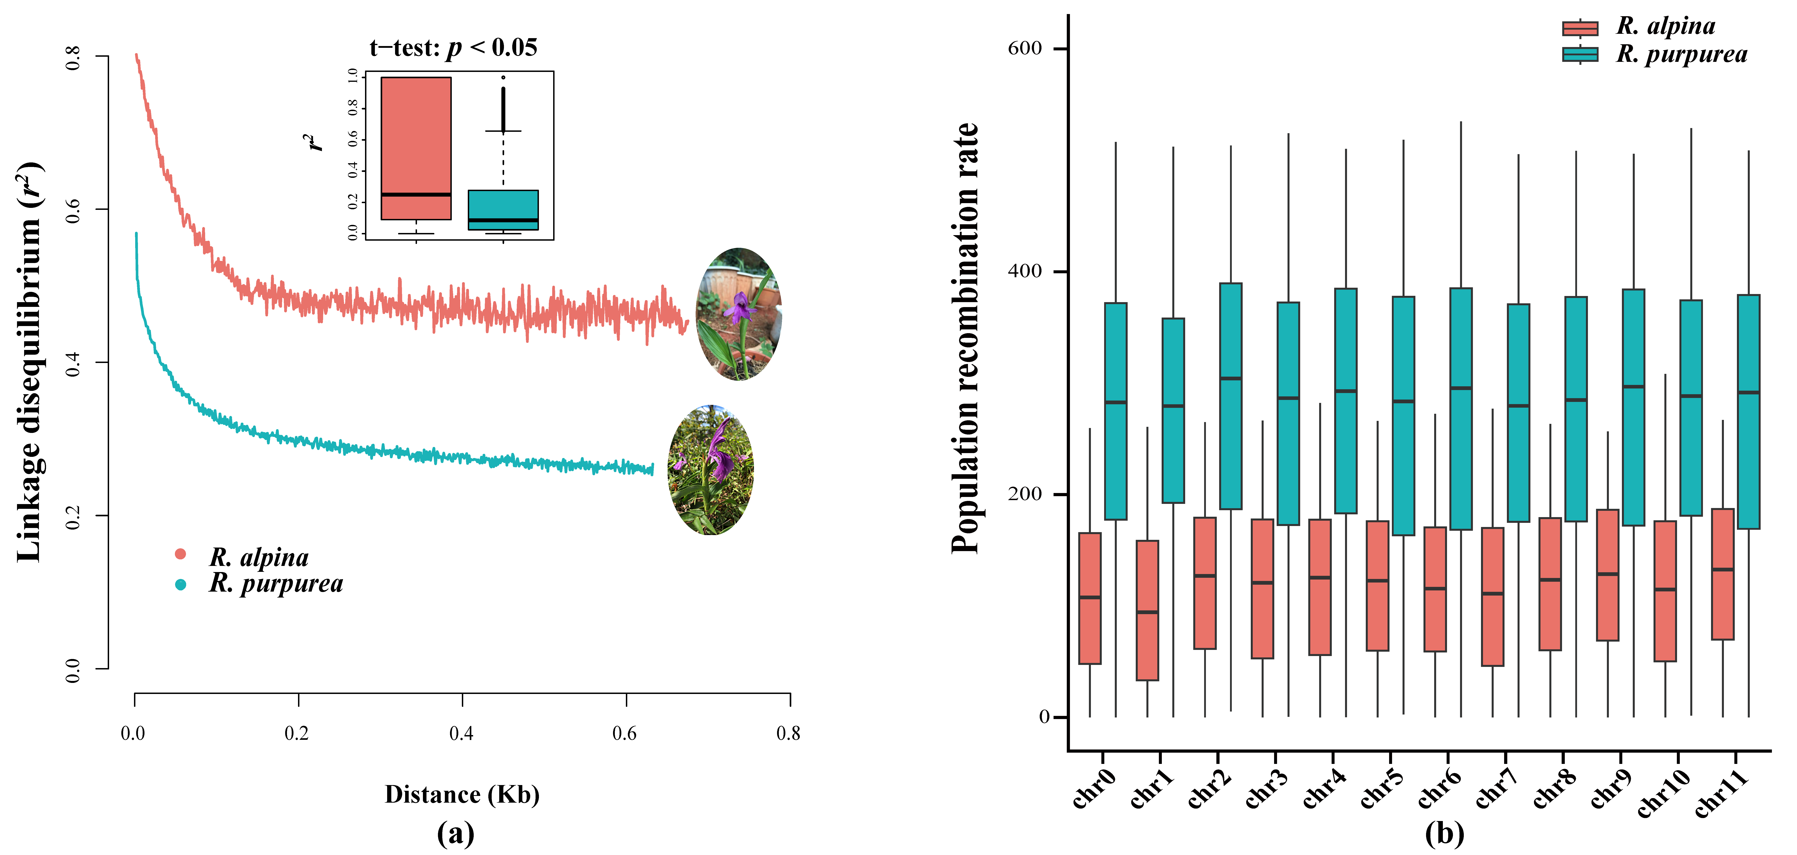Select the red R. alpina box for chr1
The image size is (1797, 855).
coord(1148,610)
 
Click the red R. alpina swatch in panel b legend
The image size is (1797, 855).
coord(1580,28)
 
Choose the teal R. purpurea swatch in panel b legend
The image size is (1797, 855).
coord(1580,54)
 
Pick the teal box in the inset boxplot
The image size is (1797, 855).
coord(503,209)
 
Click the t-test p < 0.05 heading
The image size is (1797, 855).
coord(453,47)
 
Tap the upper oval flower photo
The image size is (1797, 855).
coord(739,314)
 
